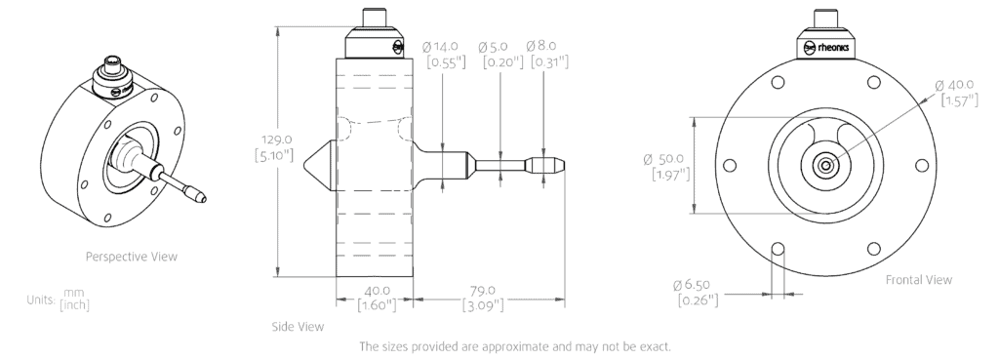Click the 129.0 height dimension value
pos(277,140)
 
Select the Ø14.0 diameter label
pos(440,47)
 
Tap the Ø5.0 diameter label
pos(493,47)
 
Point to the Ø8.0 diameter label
pos(541,46)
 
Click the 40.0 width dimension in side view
pos(377,291)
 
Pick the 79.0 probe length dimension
pos(482,291)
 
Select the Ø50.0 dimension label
pos(663,159)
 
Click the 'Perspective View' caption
pos(132,257)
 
